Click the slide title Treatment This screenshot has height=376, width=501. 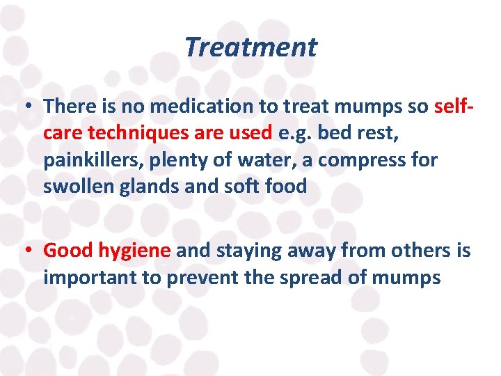[250, 47]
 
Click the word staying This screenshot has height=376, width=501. [240, 251]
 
